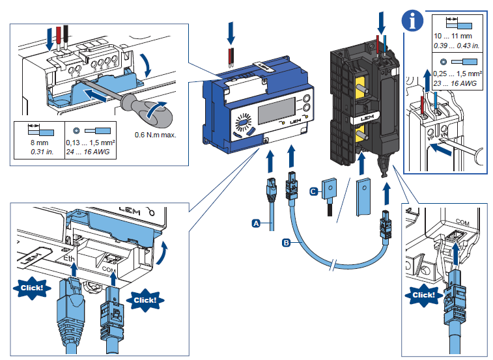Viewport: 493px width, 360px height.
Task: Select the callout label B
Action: click(286, 243)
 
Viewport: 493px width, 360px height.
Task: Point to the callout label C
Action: click(314, 191)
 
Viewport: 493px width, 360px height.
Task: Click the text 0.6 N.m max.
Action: click(156, 135)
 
